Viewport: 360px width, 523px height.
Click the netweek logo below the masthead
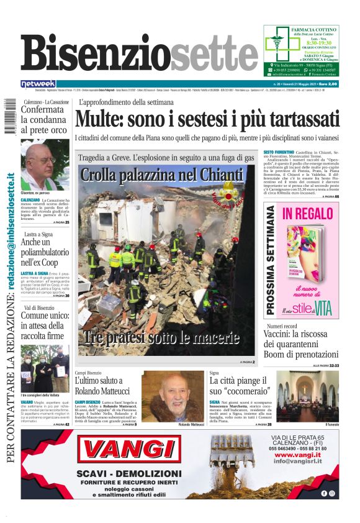point(38,83)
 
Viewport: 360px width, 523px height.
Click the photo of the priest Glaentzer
point(45,165)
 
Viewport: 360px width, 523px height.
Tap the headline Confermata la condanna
point(43,119)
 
